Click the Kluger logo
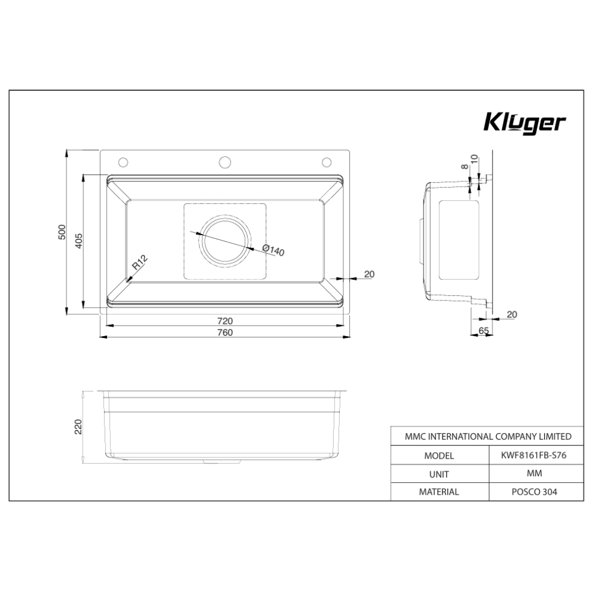point(524,122)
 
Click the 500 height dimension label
point(62,232)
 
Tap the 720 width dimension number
point(225,320)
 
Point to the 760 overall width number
point(225,332)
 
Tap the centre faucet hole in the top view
point(226,162)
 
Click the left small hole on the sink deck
point(124,162)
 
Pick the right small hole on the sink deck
point(327,162)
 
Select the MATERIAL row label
point(439,492)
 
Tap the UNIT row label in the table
point(438,474)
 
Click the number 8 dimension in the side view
point(465,167)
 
